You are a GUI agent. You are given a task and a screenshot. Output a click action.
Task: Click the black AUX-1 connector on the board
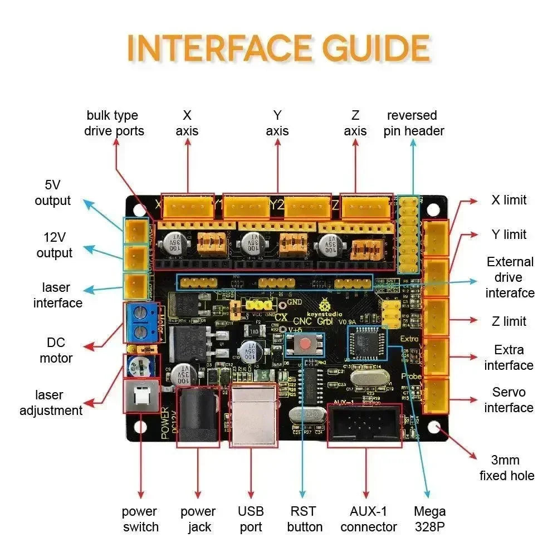point(365,426)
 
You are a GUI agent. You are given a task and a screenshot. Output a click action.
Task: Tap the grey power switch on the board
point(141,396)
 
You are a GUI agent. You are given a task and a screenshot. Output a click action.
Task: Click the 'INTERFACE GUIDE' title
point(278,49)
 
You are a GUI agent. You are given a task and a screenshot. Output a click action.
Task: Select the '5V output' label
point(53,193)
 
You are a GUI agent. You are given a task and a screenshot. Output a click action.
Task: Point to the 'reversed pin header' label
point(413,123)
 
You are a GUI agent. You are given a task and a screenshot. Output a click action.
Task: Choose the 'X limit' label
point(508,200)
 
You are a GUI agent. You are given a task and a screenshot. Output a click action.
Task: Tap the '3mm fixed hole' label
point(506,468)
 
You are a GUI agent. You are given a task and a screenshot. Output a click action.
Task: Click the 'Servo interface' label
point(508,400)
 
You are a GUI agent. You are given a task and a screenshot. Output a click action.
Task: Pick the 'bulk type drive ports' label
point(114,123)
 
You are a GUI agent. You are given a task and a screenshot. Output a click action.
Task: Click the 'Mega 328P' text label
point(429,519)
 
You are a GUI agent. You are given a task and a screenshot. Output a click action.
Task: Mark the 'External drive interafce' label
point(510,277)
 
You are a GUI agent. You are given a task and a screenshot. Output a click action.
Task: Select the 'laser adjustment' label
point(51,403)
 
